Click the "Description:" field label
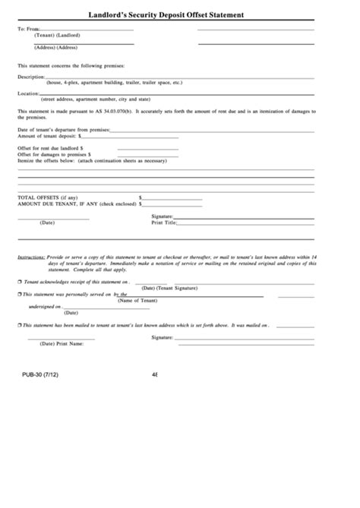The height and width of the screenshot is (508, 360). click(x=31, y=77)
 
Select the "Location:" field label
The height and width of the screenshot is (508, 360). click(x=28, y=93)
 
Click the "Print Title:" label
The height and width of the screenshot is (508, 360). click(x=163, y=222)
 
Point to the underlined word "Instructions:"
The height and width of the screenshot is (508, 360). click(x=31, y=258)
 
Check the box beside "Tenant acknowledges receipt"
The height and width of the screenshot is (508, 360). click(x=20, y=282)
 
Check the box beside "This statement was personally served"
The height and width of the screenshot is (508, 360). click(x=20, y=294)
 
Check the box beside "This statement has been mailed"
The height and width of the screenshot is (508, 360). click(x=20, y=323)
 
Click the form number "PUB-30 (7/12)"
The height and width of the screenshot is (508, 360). click(x=38, y=374)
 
